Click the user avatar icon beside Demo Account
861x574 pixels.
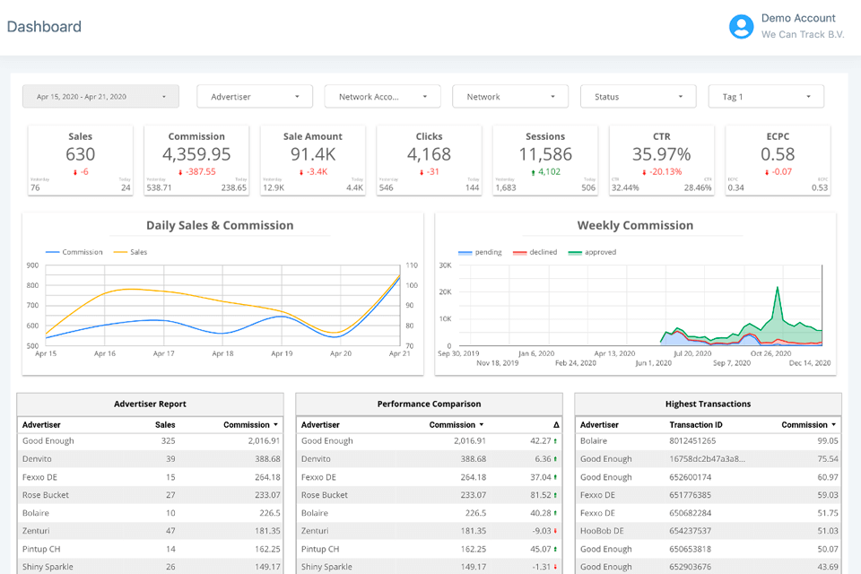741,27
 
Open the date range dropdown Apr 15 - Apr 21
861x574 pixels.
100,97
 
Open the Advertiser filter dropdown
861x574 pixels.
255,97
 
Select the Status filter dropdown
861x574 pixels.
638,97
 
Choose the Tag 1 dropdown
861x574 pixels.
766,97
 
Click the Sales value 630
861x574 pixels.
80,154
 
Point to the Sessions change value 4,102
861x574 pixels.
545,172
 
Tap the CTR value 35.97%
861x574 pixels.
661,154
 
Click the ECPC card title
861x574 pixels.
778,136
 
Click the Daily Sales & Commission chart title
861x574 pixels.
220,225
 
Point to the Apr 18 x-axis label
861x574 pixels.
222,354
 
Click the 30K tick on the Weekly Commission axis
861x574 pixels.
444,265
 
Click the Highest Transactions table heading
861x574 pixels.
708,404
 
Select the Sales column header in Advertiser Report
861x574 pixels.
165,424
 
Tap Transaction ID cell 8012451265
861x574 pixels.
692,441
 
